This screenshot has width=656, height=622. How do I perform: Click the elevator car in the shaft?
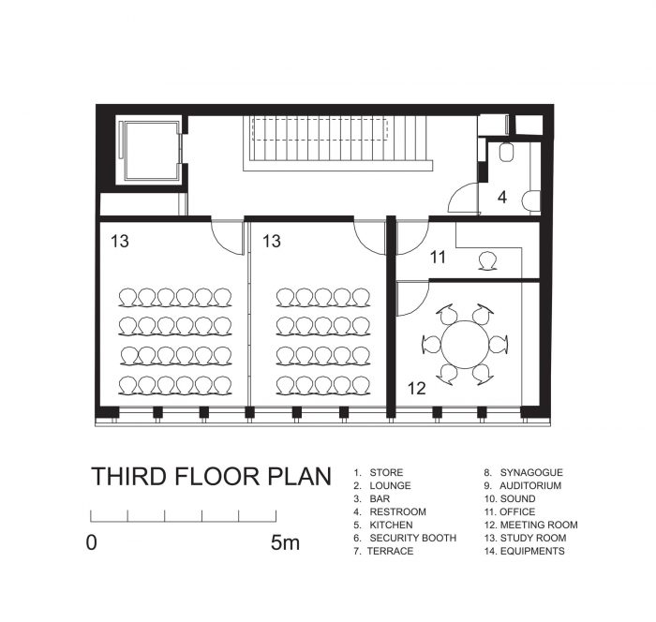pos(150,150)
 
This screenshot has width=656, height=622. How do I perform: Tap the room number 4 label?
pos(502,197)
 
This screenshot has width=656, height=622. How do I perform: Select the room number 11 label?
pos(438,258)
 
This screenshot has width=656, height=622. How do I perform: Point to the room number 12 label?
pos(417,389)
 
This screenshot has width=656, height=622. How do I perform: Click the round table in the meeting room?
pos(465,344)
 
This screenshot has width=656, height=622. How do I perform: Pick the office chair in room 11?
pos(488,261)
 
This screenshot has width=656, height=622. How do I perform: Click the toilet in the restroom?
pos(506,153)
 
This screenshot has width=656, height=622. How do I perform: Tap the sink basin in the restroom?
pos(531,200)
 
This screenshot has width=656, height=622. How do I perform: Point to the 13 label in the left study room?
pos(120,242)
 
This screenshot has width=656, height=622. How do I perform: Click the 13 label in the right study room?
pos(272,242)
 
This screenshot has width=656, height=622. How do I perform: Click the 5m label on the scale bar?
pos(285,542)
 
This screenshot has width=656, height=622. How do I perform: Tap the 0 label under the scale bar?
pos(92,542)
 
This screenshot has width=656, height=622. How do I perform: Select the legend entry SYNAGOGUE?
pos(531,473)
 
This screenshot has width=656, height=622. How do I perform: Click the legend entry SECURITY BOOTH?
pos(413,538)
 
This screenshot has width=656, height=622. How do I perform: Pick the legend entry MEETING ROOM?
pos(539,525)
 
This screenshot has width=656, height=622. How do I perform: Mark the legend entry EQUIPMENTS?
pos(532,551)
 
